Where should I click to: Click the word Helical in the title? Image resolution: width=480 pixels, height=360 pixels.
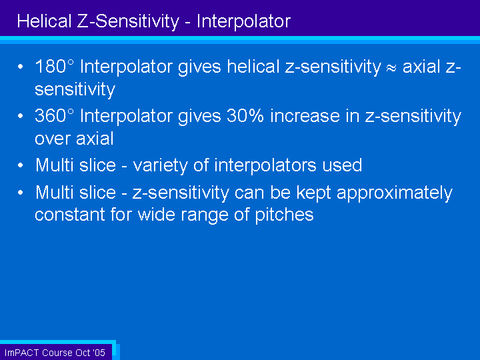click(x=44, y=21)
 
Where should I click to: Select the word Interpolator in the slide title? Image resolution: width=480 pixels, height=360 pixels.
click(x=243, y=21)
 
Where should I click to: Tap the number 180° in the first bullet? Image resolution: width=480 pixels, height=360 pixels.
click(x=55, y=66)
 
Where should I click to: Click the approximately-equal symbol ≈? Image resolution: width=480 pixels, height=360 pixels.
click(x=391, y=68)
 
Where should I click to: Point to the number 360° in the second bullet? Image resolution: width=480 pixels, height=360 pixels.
click(x=55, y=116)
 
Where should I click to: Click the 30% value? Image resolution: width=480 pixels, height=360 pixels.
click(x=245, y=116)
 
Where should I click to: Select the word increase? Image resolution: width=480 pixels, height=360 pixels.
click(x=305, y=116)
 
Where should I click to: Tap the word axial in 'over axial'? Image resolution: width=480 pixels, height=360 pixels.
click(x=95, y=139)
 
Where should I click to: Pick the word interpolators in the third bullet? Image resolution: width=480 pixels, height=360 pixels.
click(x=265, y=166)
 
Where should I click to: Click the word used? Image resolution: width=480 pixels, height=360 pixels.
click(x=342, y=165)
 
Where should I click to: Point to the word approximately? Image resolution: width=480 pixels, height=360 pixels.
click(x=395, y=193)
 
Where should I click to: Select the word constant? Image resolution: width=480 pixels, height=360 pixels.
click(x=70, y=215)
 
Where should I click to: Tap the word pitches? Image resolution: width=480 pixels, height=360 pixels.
click(x=285, y=215)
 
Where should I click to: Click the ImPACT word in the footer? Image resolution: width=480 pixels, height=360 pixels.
click(x=21, y=353)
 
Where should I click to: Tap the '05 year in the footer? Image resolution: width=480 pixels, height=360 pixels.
click(x=99, y=353)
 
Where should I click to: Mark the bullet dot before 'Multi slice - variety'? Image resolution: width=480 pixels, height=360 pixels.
click(x=21, y=165)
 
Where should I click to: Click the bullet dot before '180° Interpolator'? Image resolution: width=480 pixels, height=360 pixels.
click(x=21, y=67)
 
